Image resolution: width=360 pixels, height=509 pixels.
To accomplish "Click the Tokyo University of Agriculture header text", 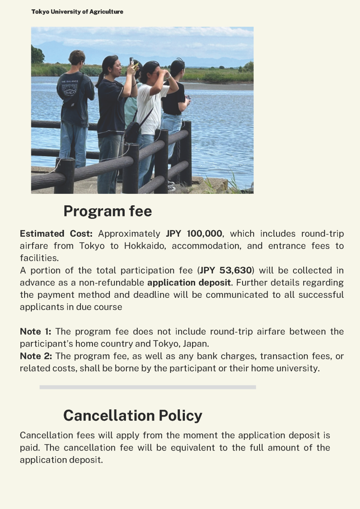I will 77,12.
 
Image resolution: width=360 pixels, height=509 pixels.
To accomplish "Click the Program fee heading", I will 107,211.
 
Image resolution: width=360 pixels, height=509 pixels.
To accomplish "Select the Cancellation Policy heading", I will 132,415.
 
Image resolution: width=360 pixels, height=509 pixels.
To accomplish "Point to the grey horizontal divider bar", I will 148,387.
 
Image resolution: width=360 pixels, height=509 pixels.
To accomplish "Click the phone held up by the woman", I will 131,62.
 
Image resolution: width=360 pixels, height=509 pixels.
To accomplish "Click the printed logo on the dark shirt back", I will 69,90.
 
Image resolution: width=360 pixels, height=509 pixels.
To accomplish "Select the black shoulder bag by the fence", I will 133,131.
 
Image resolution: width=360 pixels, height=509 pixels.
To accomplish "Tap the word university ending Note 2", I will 298,368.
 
